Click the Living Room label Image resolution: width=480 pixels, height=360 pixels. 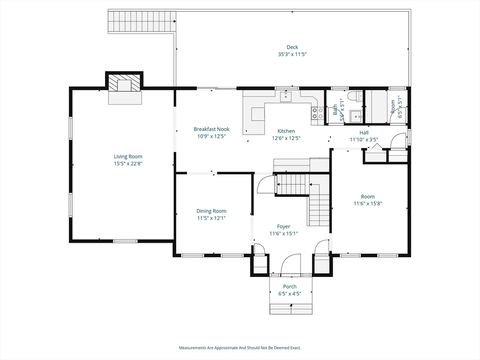128,157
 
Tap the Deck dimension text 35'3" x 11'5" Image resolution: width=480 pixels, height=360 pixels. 292,54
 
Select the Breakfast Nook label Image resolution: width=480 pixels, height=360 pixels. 211,129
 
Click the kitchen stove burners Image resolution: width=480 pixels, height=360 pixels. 317,113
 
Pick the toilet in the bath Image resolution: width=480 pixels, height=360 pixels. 353,97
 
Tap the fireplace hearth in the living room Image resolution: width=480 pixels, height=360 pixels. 125,97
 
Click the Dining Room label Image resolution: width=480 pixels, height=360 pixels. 211,211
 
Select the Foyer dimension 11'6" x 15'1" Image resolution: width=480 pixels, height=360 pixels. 283,233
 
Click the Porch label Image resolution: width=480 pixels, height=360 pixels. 290,287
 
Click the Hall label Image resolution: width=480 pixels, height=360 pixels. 364,133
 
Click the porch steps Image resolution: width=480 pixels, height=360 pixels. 291,309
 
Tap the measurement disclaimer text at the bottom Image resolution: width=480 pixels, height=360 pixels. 240,348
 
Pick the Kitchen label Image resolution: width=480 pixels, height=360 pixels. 286,131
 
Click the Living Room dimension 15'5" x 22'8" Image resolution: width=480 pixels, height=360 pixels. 128,164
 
